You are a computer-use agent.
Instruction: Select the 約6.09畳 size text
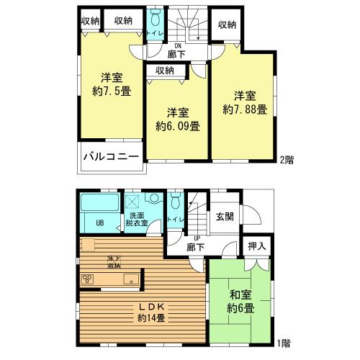point(178,125)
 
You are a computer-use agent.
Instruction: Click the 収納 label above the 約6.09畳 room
point(164,70)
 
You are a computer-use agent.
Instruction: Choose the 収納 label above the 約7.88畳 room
point(227,25)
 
